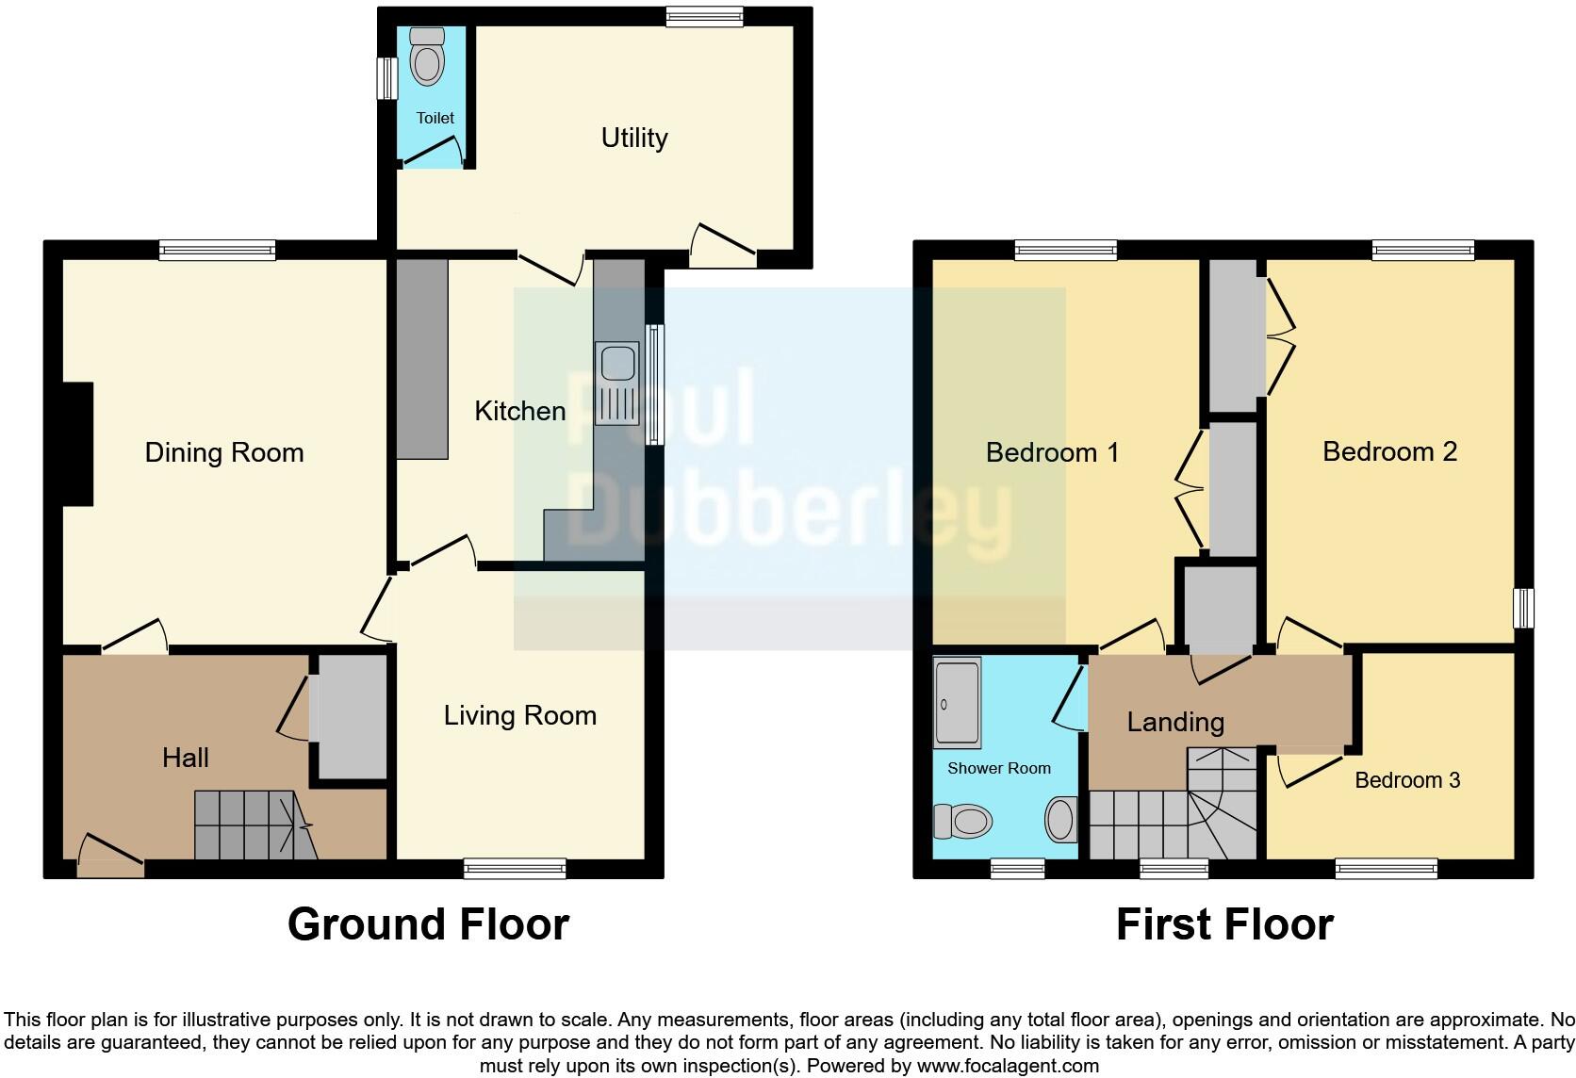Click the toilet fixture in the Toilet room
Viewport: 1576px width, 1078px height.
[x=428, y=58]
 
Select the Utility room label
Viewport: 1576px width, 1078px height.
[x=634, y=138]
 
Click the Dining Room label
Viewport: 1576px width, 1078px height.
[x=224, y=452]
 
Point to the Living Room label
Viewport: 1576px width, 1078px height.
[x=519, y=715]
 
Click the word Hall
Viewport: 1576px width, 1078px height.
[x=185, y=758]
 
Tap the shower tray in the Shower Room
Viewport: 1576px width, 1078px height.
[x=957, y=702]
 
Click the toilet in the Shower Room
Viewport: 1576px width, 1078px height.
[x=962, y=821]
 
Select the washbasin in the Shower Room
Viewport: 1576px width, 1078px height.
[x=1061, y=819]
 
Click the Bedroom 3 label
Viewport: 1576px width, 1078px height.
[x=1406, y=780]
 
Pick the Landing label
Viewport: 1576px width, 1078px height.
[x=1175, y=722]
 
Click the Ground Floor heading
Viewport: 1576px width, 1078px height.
[x=428, y=924]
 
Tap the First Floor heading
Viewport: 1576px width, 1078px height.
[x=1223, y=924]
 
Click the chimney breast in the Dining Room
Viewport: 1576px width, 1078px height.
[x=77, y=444]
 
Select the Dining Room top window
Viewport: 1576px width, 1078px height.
[x=217, y=250]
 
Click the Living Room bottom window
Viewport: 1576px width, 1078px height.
[x=515, y=869]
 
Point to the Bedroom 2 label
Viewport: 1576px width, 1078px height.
[x=1389, y=451]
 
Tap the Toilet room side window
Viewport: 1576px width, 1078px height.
[x=386, y=78]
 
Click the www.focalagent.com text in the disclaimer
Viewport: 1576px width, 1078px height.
[x=1007, y=1066]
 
